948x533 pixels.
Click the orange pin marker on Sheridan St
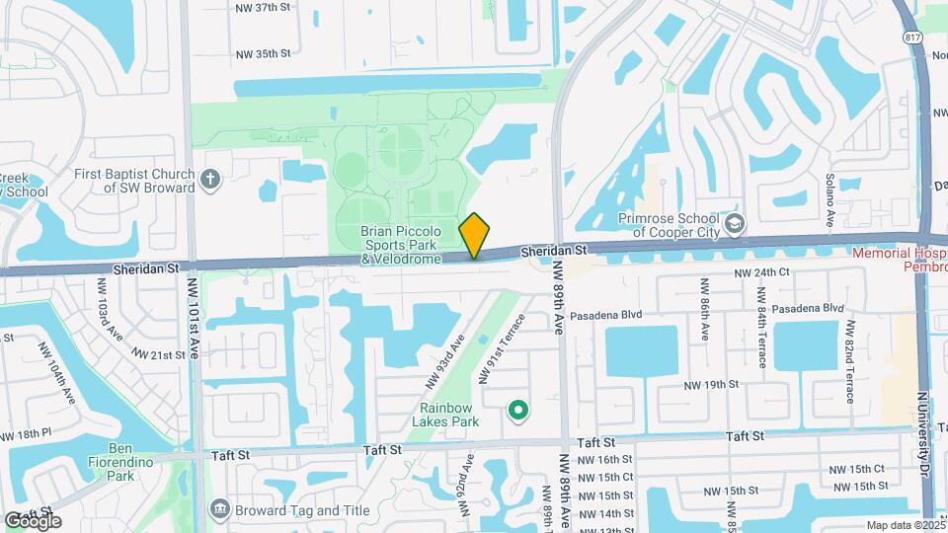coord(475,235)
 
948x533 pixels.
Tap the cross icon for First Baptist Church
coord(208,179)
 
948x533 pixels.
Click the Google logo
coord(33,520)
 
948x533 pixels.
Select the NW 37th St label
coord(264,7)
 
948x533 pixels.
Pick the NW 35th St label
coord(264,53)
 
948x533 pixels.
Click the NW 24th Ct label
coord(762,272)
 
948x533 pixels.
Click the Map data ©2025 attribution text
coord(904,525)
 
